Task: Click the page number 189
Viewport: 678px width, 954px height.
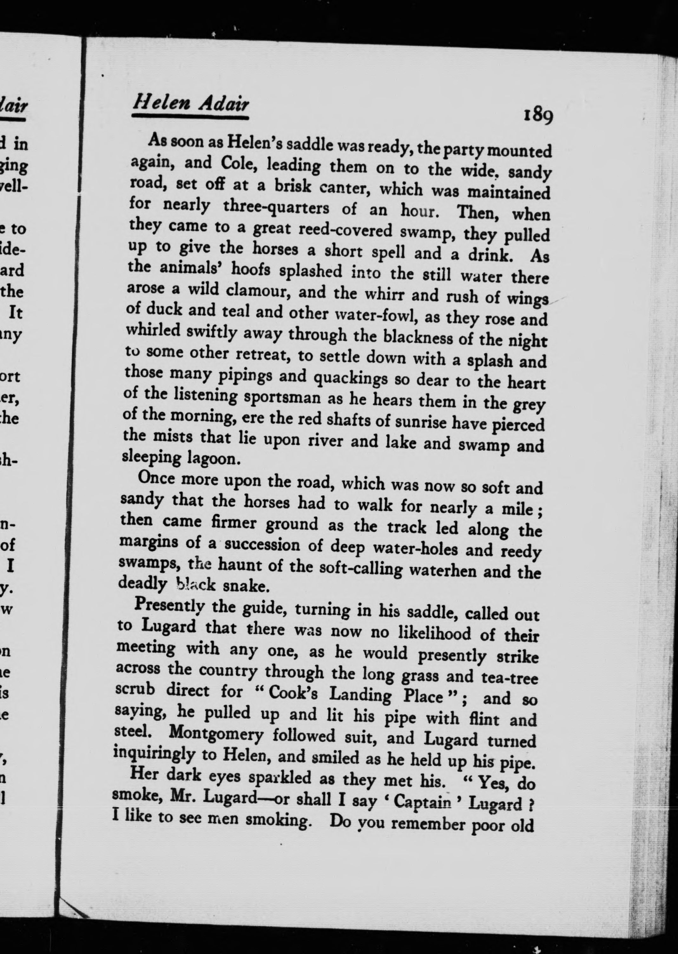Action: tap(538, 116)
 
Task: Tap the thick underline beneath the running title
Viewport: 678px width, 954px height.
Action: tap(190, 118)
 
